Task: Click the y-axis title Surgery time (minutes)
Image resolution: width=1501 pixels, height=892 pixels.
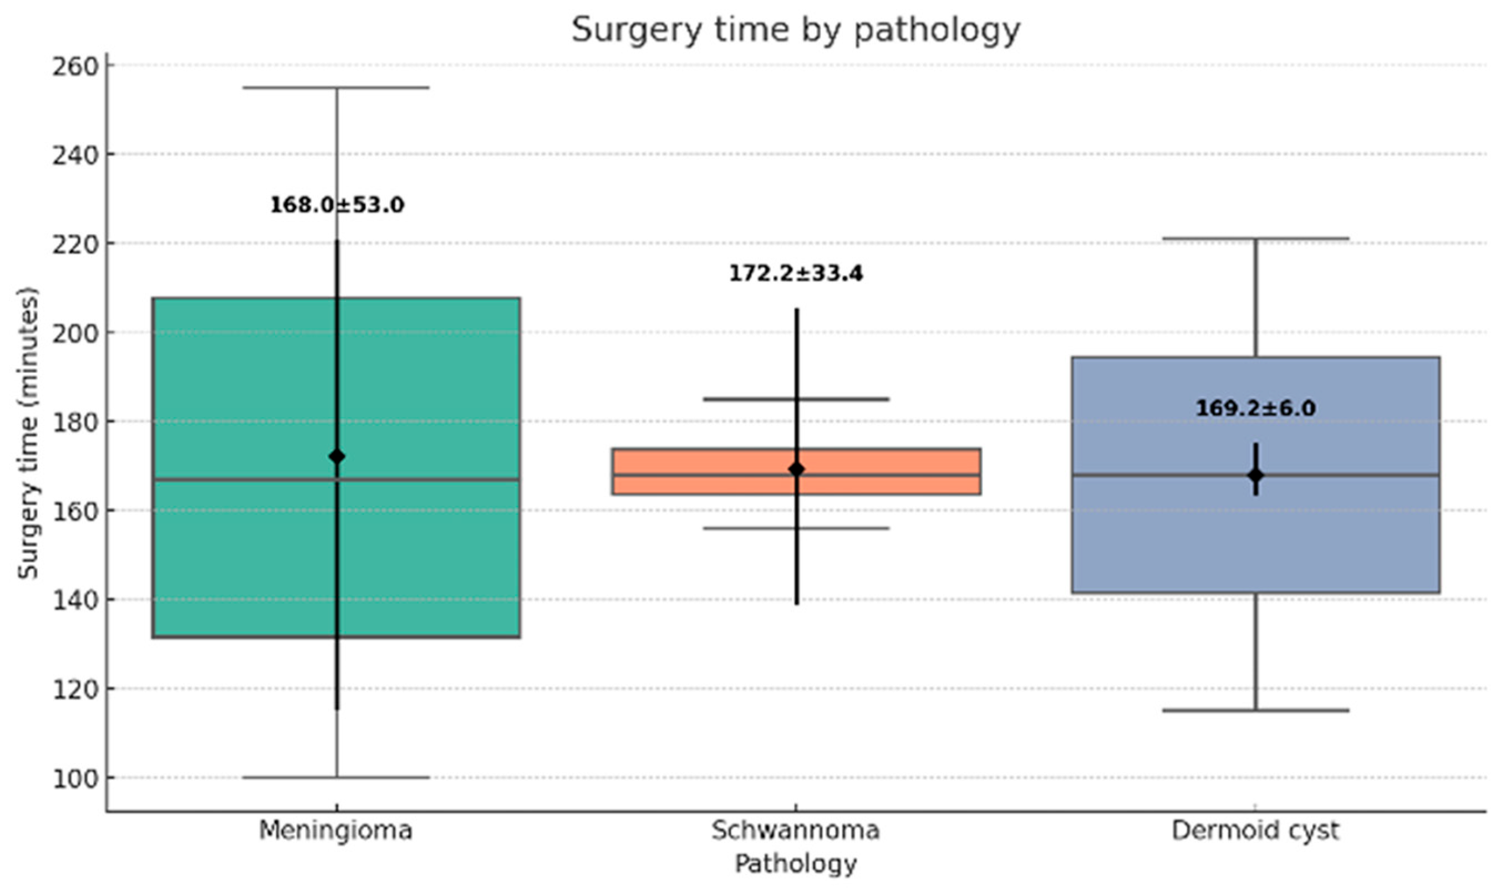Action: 28,433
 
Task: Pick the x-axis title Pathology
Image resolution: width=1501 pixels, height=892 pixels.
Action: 795,864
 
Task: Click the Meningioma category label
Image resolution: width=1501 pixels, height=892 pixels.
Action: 335,830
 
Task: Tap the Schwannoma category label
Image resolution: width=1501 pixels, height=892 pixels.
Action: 795,830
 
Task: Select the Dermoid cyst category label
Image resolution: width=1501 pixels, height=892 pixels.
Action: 1255,830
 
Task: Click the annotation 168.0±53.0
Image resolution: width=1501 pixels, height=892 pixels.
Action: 337,205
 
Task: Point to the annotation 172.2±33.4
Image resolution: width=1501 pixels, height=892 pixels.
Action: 795,273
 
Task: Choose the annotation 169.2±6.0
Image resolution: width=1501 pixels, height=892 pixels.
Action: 1255,408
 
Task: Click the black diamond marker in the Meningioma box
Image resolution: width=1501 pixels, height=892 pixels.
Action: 337,457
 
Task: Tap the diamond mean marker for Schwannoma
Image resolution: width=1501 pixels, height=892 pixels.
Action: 796,470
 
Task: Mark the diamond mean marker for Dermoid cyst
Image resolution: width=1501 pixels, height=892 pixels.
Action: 1256,476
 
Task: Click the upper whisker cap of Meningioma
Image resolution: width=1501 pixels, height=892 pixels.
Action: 337,88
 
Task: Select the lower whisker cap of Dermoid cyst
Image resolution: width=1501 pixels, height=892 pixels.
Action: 1256,711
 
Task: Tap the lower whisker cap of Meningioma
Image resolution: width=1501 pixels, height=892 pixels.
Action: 337,777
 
